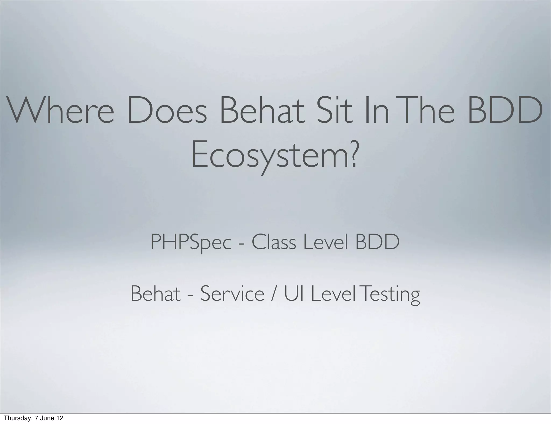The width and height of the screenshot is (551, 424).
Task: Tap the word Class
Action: tap(274, 242)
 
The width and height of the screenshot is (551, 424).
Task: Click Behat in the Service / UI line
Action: tap(155, 294)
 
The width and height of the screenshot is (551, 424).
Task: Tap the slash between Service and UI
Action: tap(274, 294)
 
